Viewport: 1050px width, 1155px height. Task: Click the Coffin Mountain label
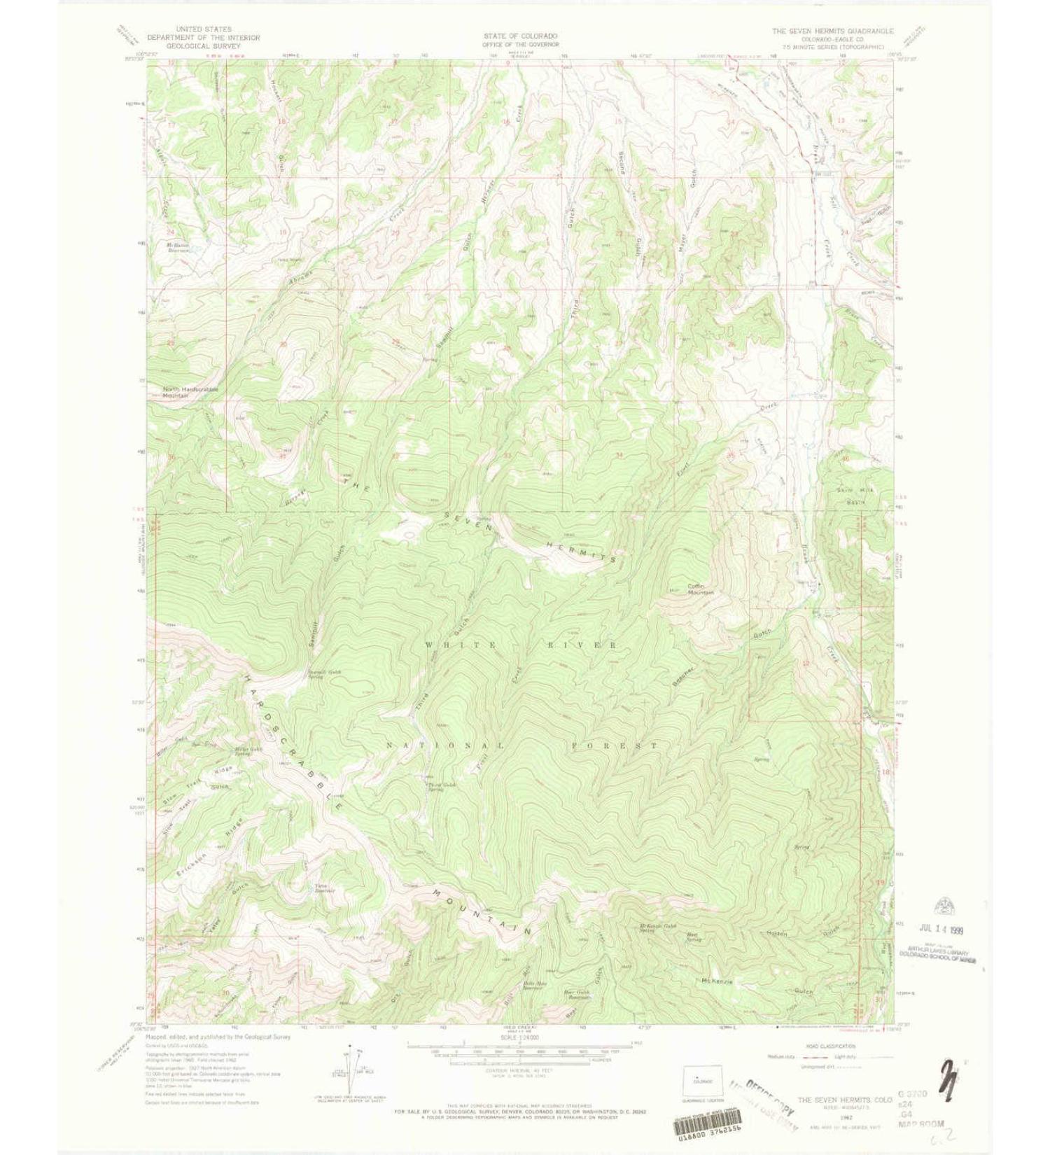(700, 589)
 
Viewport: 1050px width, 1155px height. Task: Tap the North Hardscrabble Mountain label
(190, 392)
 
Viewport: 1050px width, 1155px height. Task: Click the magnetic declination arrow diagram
(349, 1070)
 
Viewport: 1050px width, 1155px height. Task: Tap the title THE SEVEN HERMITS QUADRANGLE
(832, 31)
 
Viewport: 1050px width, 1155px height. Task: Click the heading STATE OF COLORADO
(520, 36)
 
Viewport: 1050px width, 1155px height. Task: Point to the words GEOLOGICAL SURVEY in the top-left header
(203, 45)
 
